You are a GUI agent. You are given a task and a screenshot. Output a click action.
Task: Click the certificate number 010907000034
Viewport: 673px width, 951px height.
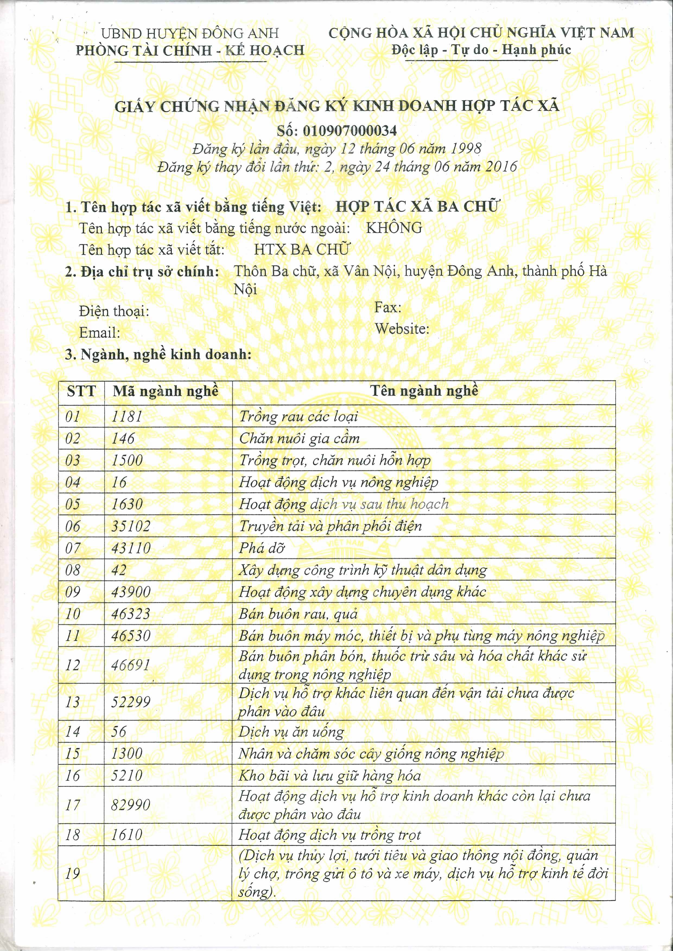coord(350,131)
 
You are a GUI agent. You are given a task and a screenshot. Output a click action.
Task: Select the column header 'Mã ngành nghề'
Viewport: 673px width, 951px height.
coord(166,391)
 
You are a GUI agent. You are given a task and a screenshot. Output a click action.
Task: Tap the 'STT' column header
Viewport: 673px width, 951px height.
coord(81,391)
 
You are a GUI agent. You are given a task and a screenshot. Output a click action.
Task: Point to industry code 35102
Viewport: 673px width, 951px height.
coord(131,526)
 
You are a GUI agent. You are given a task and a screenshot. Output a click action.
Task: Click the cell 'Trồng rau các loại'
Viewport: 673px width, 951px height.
coord(299,416)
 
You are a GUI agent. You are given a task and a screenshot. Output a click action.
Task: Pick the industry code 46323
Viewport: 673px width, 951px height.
coord(131,614)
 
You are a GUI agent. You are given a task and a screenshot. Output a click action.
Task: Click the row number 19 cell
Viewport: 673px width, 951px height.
coord(72,874)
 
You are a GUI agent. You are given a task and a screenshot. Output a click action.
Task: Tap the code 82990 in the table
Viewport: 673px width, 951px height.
coord(131,805)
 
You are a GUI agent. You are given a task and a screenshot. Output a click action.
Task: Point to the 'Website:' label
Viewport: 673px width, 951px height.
coord(402,329)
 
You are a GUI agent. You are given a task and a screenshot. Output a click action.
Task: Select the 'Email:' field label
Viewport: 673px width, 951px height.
coord(100,333)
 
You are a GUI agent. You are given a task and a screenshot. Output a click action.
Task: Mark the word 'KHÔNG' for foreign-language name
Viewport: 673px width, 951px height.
coord(394,228)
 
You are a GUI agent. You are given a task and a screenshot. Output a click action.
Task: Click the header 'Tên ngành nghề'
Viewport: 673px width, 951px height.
coord(424,391)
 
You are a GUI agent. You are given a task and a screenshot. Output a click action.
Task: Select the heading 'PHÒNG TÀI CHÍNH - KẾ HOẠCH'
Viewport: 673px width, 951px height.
coord(190,50)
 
